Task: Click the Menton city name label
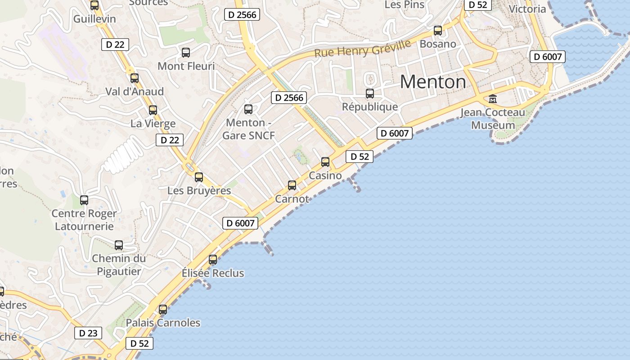pyautogui.click(x=433, y=82)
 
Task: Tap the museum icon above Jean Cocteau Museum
pyautogui.click(x=493, y=99)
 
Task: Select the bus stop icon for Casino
pyautogui.click(x=325, y=162)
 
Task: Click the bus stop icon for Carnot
pyautogui.click(x=292, y=185)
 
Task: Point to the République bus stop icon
pyautogui.click(x=370, y=94)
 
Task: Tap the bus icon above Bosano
pyautogui.click(x=438, y=31)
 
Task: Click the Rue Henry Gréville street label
pyautogui.click(x=363, y=48)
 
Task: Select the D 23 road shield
pyautogui.click(x=88, y=333)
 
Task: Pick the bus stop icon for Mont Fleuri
pyautogui.click(x=186, y=53)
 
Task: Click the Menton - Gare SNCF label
pyautogui.click(x=248, y=129)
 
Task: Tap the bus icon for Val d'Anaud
pyautogui.click(x=135, y=78)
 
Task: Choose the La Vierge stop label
pyautogui.click(x=153, y=123)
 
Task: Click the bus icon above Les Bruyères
pyautogui.click(x=199, y=177)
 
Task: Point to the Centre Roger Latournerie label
pyautogui.click(x=84, y=220)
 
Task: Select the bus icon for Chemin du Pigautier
pyautogui.click(x=119, y=245)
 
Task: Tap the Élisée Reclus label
pyautogui.click(x=213, y=273)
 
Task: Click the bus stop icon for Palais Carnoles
pyautogui.click(x=163, y=310)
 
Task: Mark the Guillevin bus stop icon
pyautogui.click(x=94, y=5)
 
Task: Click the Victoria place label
pyautogui.click(x=527, y=9)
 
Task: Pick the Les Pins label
pyautogui.click(x=405, y=4)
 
